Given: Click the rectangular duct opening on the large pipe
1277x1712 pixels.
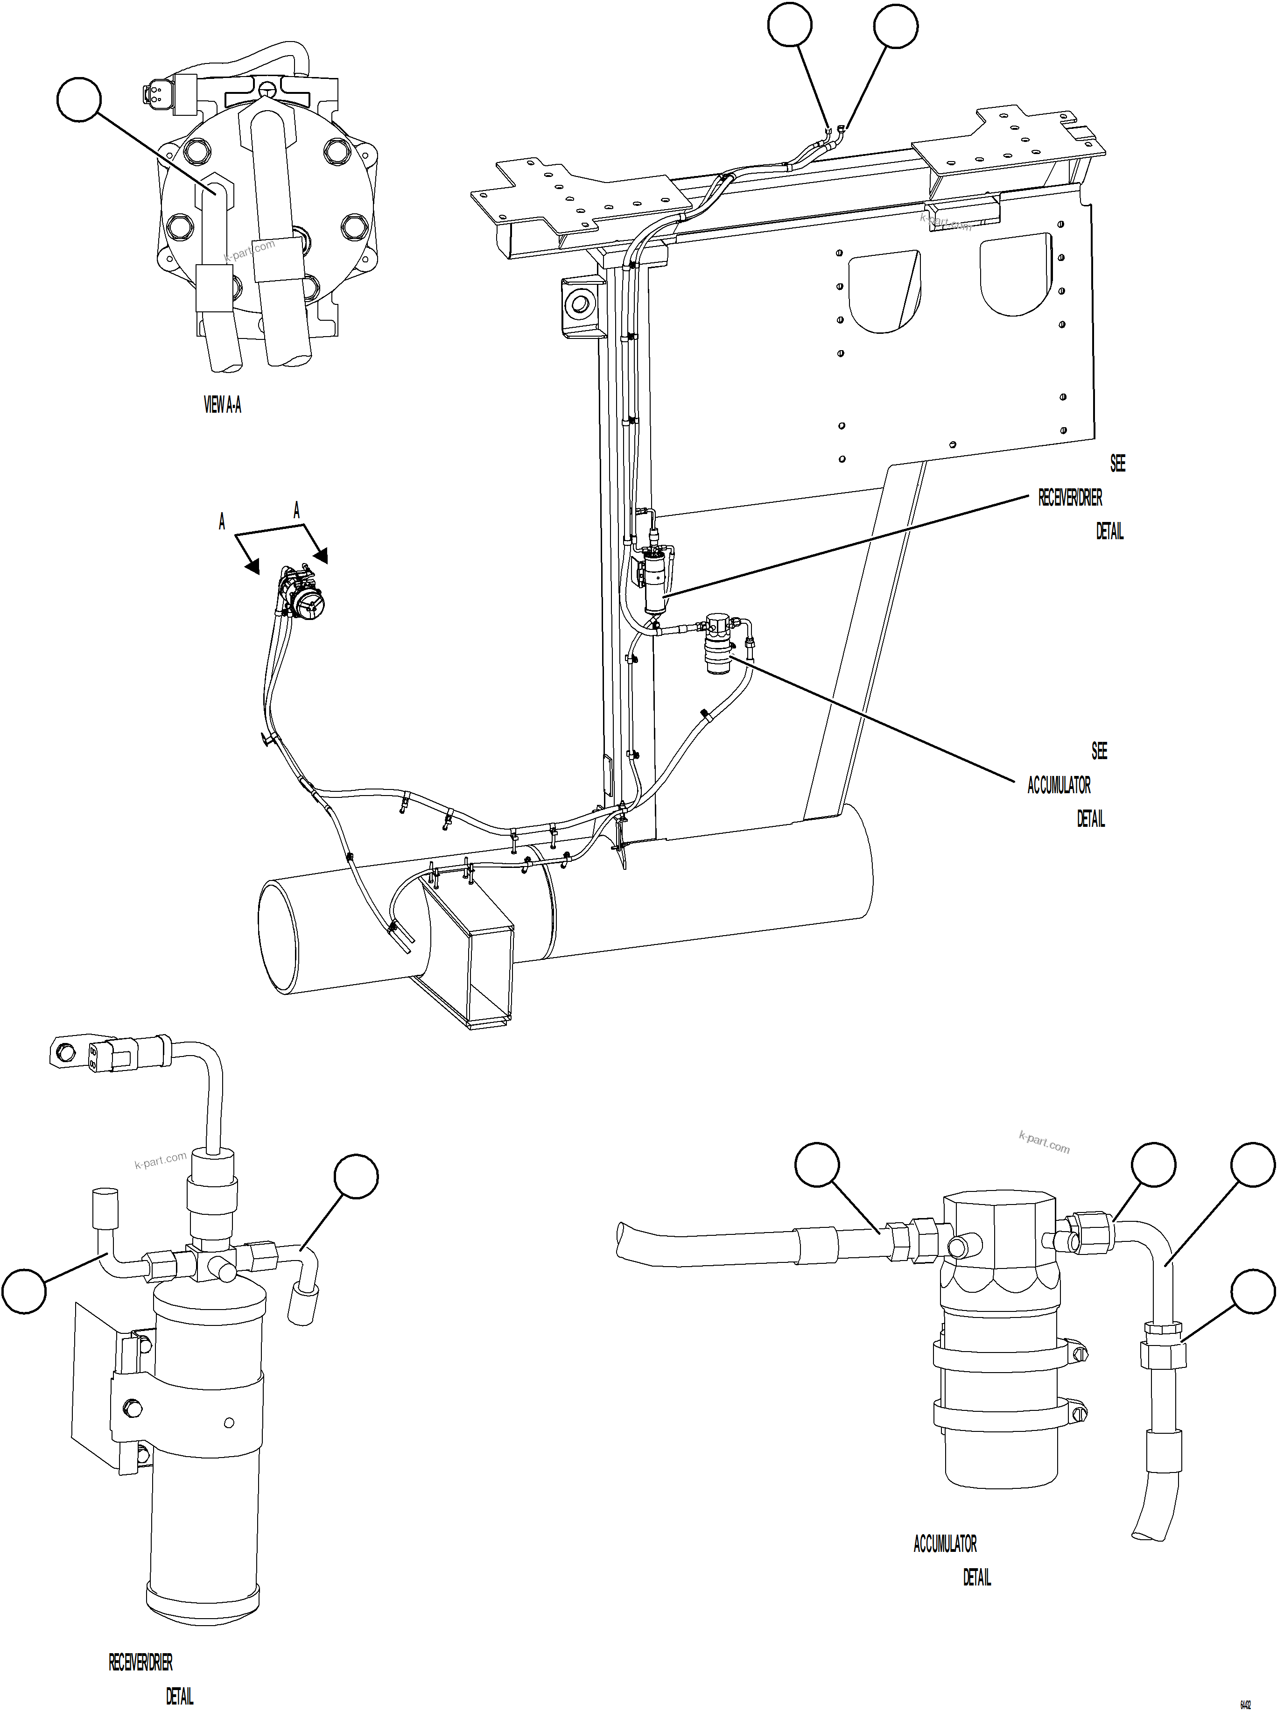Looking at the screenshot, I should point(466,955).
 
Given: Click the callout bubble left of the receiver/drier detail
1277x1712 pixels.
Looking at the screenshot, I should point(24,1290).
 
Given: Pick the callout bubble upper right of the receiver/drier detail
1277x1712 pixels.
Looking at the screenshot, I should point(356,1177).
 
